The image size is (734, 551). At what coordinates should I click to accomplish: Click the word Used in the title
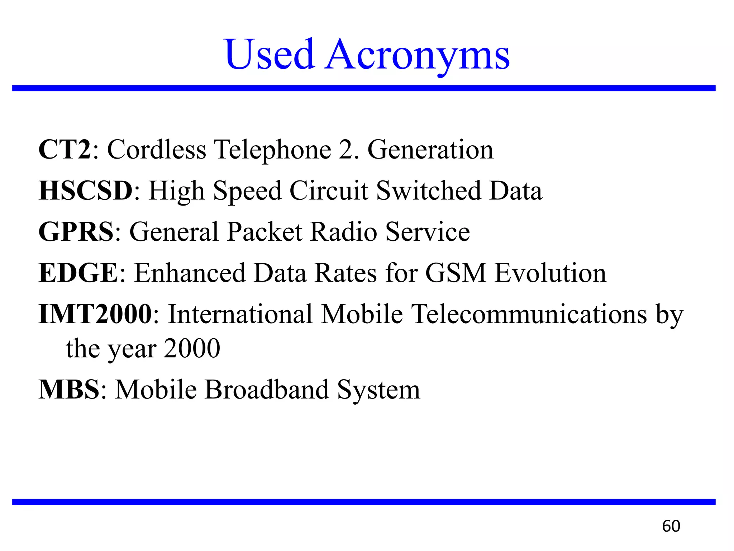pyautogui.click(x=270, y=55)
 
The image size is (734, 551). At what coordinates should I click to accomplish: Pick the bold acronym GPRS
pyautogui.click(x=76, y=232)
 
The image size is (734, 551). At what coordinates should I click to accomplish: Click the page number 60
pyautogui.click(x=671, y=526)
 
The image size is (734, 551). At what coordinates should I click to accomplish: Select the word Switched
pyautogui.click(x=428, y=190)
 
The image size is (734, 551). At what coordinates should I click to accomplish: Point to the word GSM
pyautogui.click(x=456, y=273)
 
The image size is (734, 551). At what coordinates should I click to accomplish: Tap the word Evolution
pyautogui.click(x=550, y=273)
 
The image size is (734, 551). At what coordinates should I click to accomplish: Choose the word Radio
pyautogui.click(x=343, y=232)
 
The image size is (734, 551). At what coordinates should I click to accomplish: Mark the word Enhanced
pyautogui.click(x=190, y=273)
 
